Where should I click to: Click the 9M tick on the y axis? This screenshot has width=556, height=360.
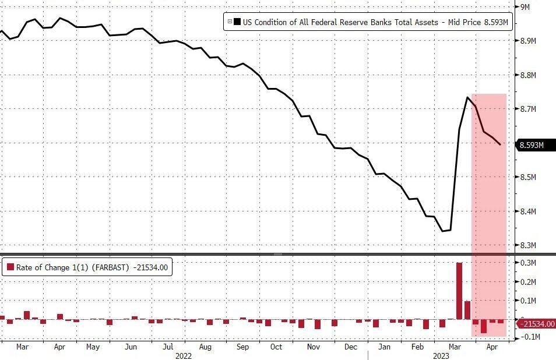(x=524, y=6)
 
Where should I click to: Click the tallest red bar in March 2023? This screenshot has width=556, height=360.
(x=459, y=291)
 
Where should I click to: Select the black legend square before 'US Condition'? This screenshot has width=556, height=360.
(x=237, y=22)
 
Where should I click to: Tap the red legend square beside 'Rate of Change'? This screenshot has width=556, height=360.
(x=10, y=267)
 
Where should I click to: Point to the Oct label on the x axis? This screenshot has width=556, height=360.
(x=276, y=347)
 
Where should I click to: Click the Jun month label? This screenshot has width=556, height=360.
(x=131, y=347)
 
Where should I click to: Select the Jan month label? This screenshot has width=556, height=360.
(x=384, y=347)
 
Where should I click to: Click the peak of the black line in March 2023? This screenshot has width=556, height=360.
(x=467, y=97)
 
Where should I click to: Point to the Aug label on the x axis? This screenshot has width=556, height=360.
(x=205, y=347)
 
